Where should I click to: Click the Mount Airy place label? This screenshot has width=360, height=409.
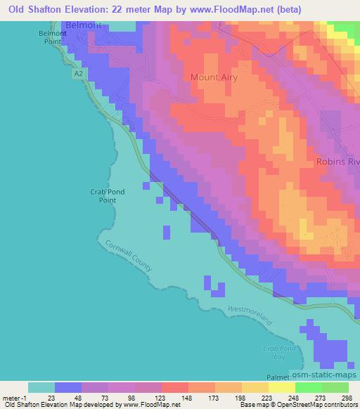tap(214, 78)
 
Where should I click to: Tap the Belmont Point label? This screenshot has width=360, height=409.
tap(52, 37)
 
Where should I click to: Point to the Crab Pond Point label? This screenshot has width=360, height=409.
tap(102, 195)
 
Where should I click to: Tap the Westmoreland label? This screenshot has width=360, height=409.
tap(249, 313)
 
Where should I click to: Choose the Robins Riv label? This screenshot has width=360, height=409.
tap(337, 161)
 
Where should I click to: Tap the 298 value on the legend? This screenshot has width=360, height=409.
tap(345, 397)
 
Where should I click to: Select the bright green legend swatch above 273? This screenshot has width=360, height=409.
tap(308, 387)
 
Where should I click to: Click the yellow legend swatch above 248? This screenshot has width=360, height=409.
tap(281, 387)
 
